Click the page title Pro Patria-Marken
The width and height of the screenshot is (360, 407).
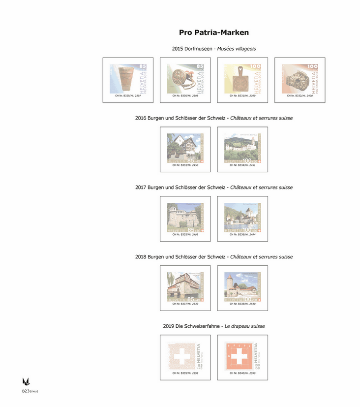click(x=214, y=33)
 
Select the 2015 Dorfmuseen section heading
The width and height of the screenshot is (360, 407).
click(x=214, y=49)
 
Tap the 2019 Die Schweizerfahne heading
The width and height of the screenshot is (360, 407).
click(x=214, y=326)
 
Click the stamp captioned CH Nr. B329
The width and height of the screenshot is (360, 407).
click(x=128, y=78)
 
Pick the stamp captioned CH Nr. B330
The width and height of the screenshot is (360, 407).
click(x=185, y=78)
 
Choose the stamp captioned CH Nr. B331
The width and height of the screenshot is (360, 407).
click(x=242, y=78)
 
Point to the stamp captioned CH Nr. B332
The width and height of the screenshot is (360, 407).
click(x=300, y=78)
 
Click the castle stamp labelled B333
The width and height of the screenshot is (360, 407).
click(x=185, y=147)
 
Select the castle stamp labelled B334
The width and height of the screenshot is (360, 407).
click(x=242, y=147)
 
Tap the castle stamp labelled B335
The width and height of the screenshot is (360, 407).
click(x=185, y=217)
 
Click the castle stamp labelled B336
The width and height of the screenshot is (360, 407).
click(x=242, y=217)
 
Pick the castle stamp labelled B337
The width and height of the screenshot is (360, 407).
click(x=185, y=286)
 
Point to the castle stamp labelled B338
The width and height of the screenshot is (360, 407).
click(x=242, y=286)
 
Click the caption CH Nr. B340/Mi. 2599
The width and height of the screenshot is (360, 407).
click(x=242, y=373)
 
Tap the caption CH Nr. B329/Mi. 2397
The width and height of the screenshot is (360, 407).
click(x=128, y=95)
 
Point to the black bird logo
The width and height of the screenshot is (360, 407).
click(x=26, y=381)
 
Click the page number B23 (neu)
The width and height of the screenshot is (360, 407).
click(x=30, y=391)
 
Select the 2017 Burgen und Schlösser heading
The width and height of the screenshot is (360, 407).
click(x=214, y=188)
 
